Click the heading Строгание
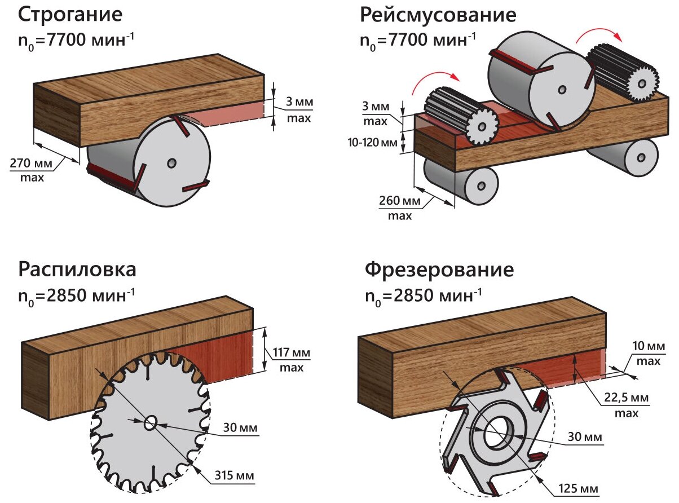pos(70,15)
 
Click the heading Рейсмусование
pos(438,15)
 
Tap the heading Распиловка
pos(77,270)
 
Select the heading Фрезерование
pos(439,270)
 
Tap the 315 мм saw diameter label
pos(234,475)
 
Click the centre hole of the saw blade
pos(151,422)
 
